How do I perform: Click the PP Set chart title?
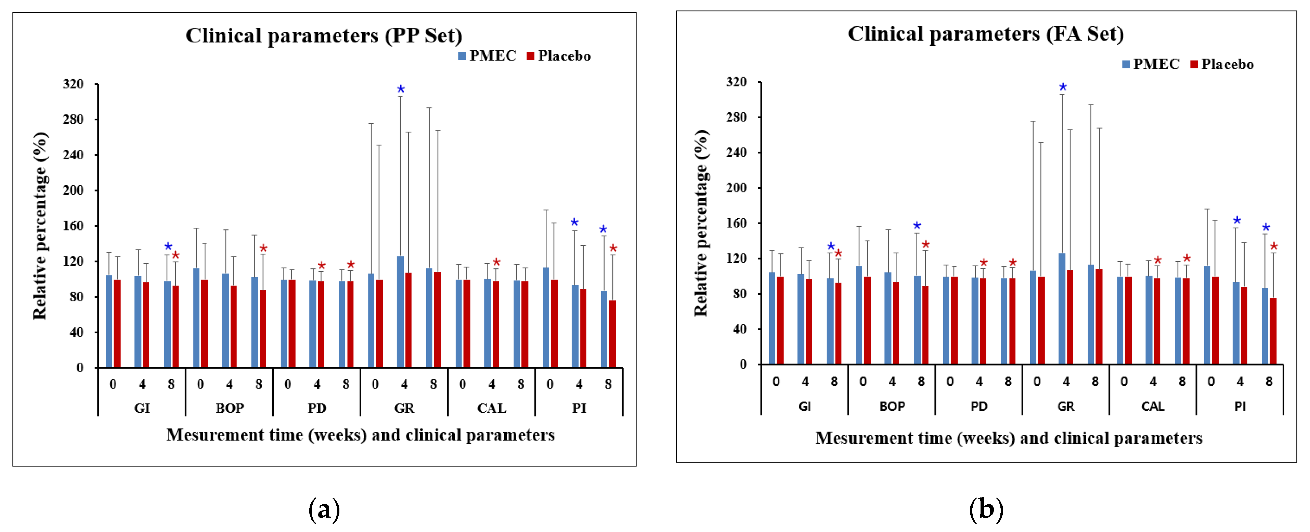(x=324, y=36)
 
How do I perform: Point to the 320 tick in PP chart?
(x=73, y=84)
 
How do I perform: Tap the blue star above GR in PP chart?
(x=401, y=90)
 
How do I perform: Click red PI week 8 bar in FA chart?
(x=1273, y=331)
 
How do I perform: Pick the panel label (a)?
(x=324, y=509)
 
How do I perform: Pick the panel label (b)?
(x=986, y=509)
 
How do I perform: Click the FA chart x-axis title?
(x=1009, y=438)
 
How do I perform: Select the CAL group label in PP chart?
(x=491, y=408)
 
